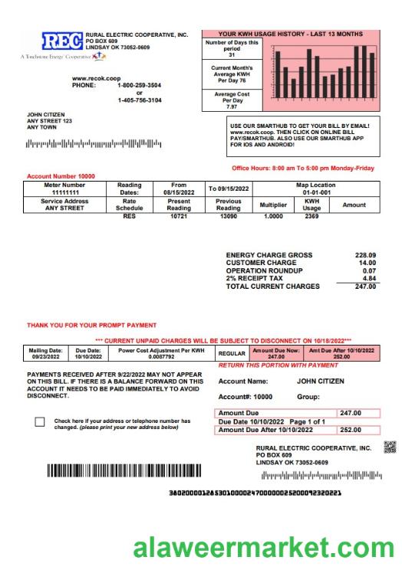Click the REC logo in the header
click(62, 41)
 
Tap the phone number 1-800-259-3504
click(139, 85)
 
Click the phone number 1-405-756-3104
click(139, 100)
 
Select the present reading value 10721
click(179, 217)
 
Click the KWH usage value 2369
click(311, 217)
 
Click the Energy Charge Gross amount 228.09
click(365, 255)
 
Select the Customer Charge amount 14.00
click(367, 263)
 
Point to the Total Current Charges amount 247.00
click(365, 287)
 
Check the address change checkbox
click(40, 422)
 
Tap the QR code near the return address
click(390, 447)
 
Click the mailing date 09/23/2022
click(45, 357)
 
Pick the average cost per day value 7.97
click(232, 106)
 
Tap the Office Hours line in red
click(302, 168)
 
